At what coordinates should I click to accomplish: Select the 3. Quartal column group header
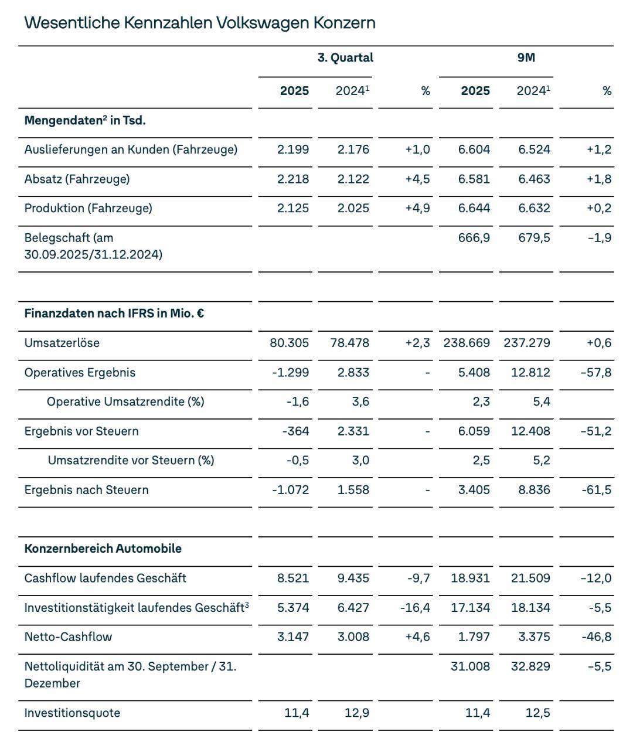[345, 57]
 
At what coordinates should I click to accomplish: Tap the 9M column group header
[526, 57]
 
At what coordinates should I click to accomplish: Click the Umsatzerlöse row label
[62, 343]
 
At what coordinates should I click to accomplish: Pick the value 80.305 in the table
[289, 343]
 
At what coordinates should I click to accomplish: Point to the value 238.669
[467, 343]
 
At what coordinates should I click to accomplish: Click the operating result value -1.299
[290, 372]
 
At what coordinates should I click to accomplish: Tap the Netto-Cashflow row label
[68, 637]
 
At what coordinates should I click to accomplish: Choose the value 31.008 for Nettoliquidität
[470, 666]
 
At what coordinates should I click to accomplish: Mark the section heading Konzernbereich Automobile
[103, 549]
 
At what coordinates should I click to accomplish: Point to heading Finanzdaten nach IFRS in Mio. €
[114, 313]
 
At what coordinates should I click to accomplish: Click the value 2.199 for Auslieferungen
[293, 149]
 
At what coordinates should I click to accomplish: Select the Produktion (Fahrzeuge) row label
[88, 208]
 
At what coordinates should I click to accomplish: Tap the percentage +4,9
[417, 208]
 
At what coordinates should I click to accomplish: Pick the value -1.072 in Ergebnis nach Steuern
[290, 489]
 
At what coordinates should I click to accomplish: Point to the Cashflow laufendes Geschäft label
[105, 578]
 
